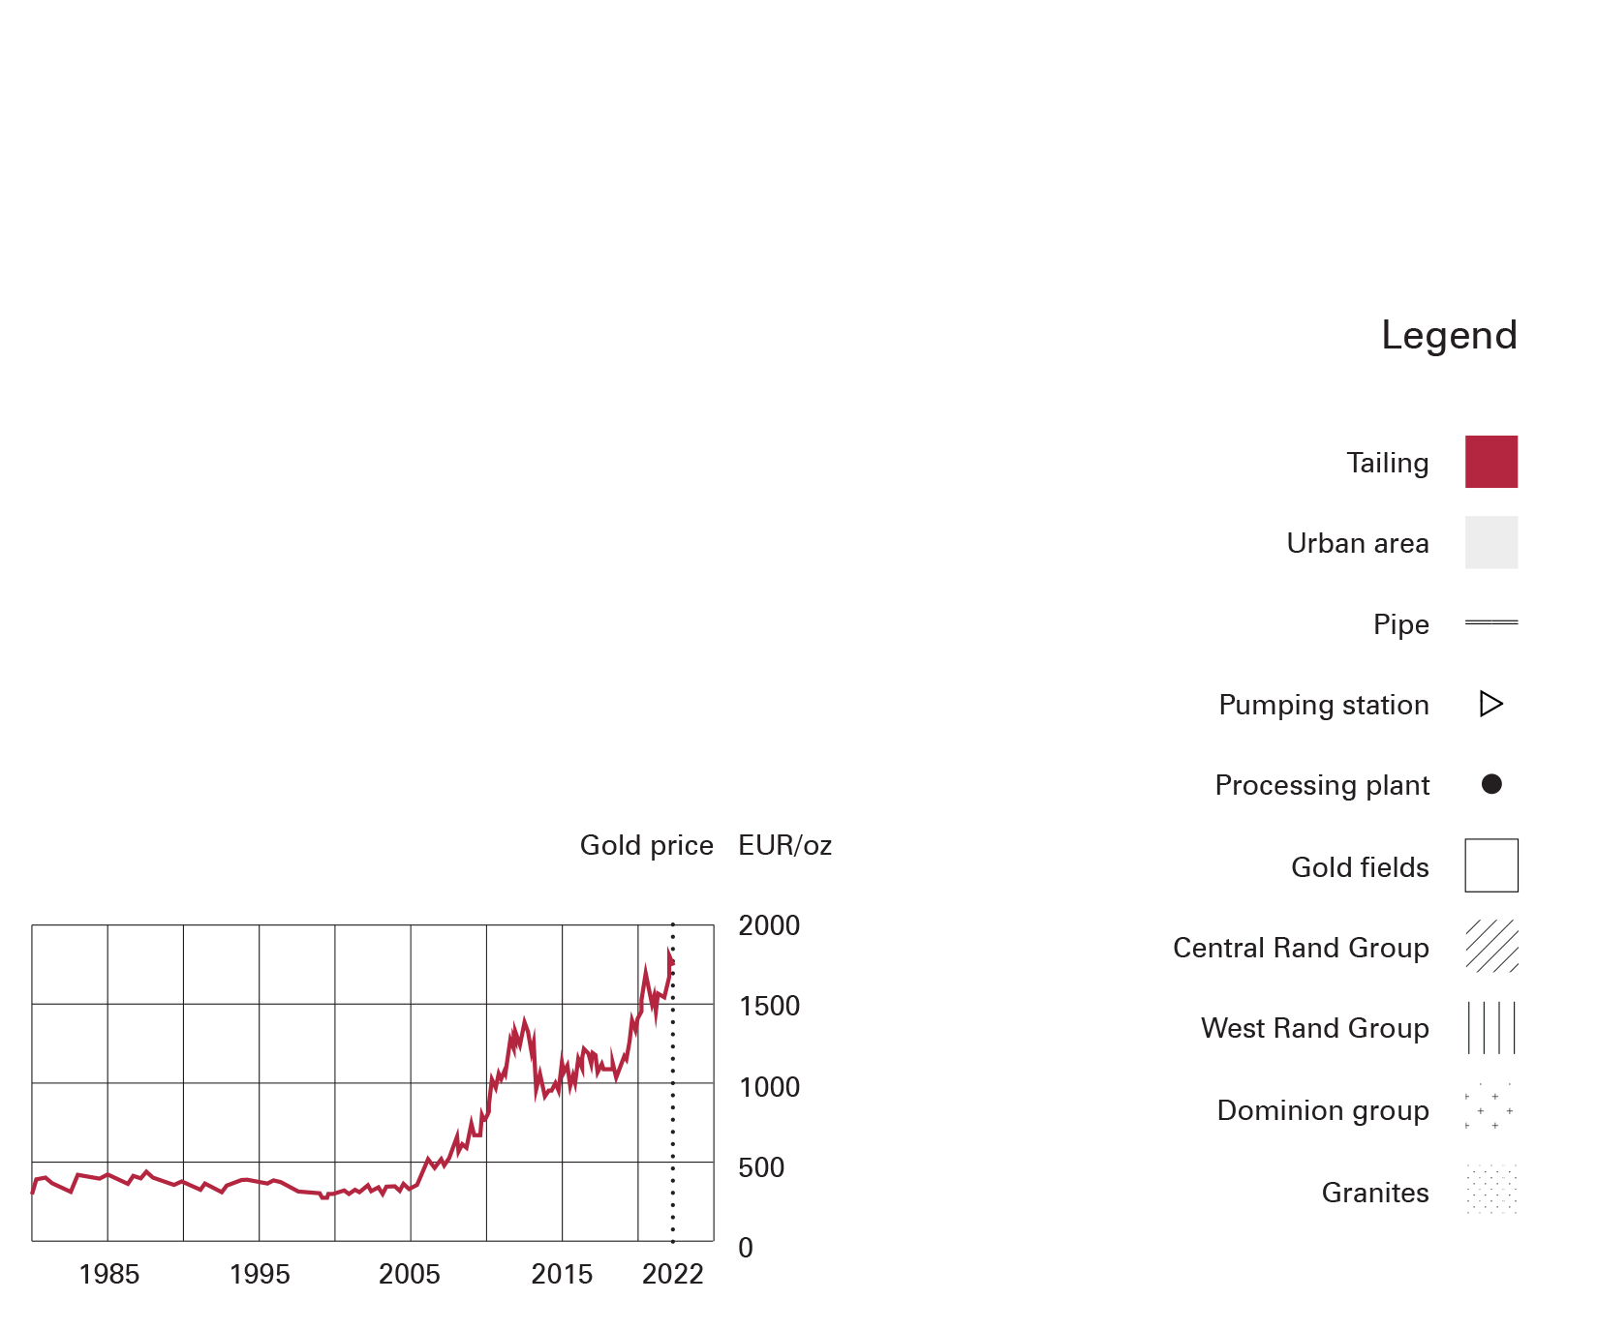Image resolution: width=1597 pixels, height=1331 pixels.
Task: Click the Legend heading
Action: pos(1449,336)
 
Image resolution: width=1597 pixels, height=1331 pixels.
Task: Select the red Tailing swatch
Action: pos(1490,462)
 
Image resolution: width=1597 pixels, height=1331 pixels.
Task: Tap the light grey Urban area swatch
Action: pos(1490,542)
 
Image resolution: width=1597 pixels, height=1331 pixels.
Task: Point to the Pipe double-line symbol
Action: pos(1490,622)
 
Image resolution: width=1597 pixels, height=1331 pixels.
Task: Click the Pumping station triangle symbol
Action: pos(1490,704)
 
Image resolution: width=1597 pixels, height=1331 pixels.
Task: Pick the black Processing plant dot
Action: pos(1491,784)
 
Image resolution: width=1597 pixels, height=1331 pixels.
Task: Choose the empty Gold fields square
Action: pos(1490,865)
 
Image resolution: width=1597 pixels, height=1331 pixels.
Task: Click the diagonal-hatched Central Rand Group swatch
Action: pos(1490,946)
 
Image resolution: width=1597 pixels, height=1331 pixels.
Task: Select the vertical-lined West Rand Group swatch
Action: pos(1490,1027)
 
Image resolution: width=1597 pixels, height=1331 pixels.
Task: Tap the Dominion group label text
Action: pos(1322,1110)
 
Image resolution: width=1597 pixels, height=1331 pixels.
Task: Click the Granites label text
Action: pos(1374,1193)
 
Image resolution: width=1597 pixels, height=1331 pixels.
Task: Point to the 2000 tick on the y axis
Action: pos(769,925)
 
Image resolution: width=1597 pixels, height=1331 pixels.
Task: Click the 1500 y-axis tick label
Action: pos(769,1006)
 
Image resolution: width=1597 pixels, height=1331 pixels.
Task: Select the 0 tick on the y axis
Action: pos(745,1248)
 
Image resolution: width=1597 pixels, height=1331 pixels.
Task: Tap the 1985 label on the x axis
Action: pos(108,1274)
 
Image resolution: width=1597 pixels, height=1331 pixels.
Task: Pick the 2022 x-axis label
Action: pos(672,1274)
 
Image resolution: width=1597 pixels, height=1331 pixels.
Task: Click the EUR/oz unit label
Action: pos(784,845)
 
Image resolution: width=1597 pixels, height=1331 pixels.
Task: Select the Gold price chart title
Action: pos(646,845)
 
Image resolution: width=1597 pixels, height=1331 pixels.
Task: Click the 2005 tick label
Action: pos(409,1274)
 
